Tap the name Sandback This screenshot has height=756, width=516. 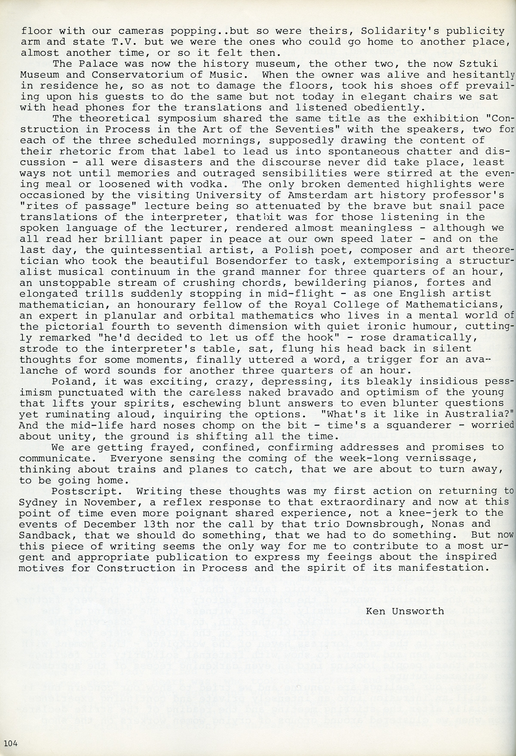[46, 535]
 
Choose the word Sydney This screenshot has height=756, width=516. [36, 502]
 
